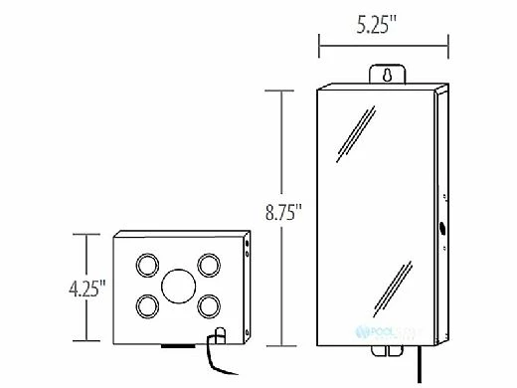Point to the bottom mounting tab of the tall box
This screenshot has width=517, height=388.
click(383, 348)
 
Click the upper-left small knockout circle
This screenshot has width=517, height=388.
click(147, 264)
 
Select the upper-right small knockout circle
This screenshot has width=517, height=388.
click(208, 264)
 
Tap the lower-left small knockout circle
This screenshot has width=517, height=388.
click(147, 304)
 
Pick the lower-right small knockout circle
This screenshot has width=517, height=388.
click(208, 304)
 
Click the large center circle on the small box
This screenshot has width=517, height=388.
click(178, 285)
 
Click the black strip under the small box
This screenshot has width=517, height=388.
click(179, 346)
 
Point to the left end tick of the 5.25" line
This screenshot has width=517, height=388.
click(318, 44)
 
